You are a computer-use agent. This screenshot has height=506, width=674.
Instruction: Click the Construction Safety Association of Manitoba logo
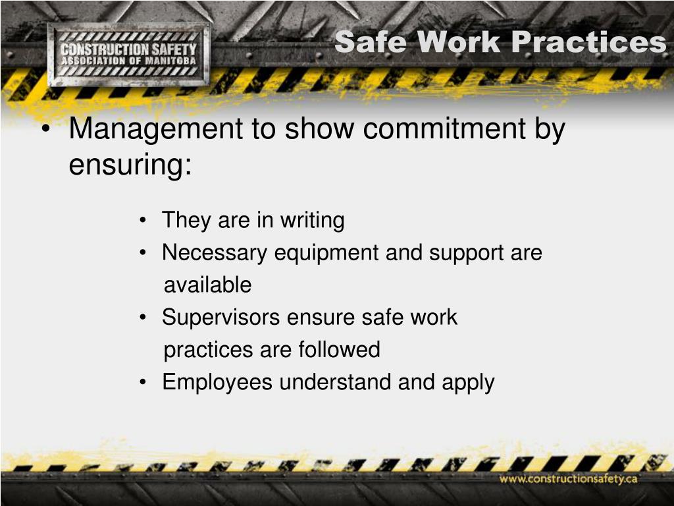[128, 55]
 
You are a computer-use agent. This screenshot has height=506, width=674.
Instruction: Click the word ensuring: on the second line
[130, 164]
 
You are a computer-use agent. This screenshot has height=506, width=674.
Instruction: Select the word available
[207, 285]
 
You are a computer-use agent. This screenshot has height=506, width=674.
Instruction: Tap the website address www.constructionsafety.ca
[568, 478]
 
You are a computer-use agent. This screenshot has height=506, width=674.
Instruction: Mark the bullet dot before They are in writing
[143, 221]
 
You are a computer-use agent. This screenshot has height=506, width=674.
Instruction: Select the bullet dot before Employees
[143, 383]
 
